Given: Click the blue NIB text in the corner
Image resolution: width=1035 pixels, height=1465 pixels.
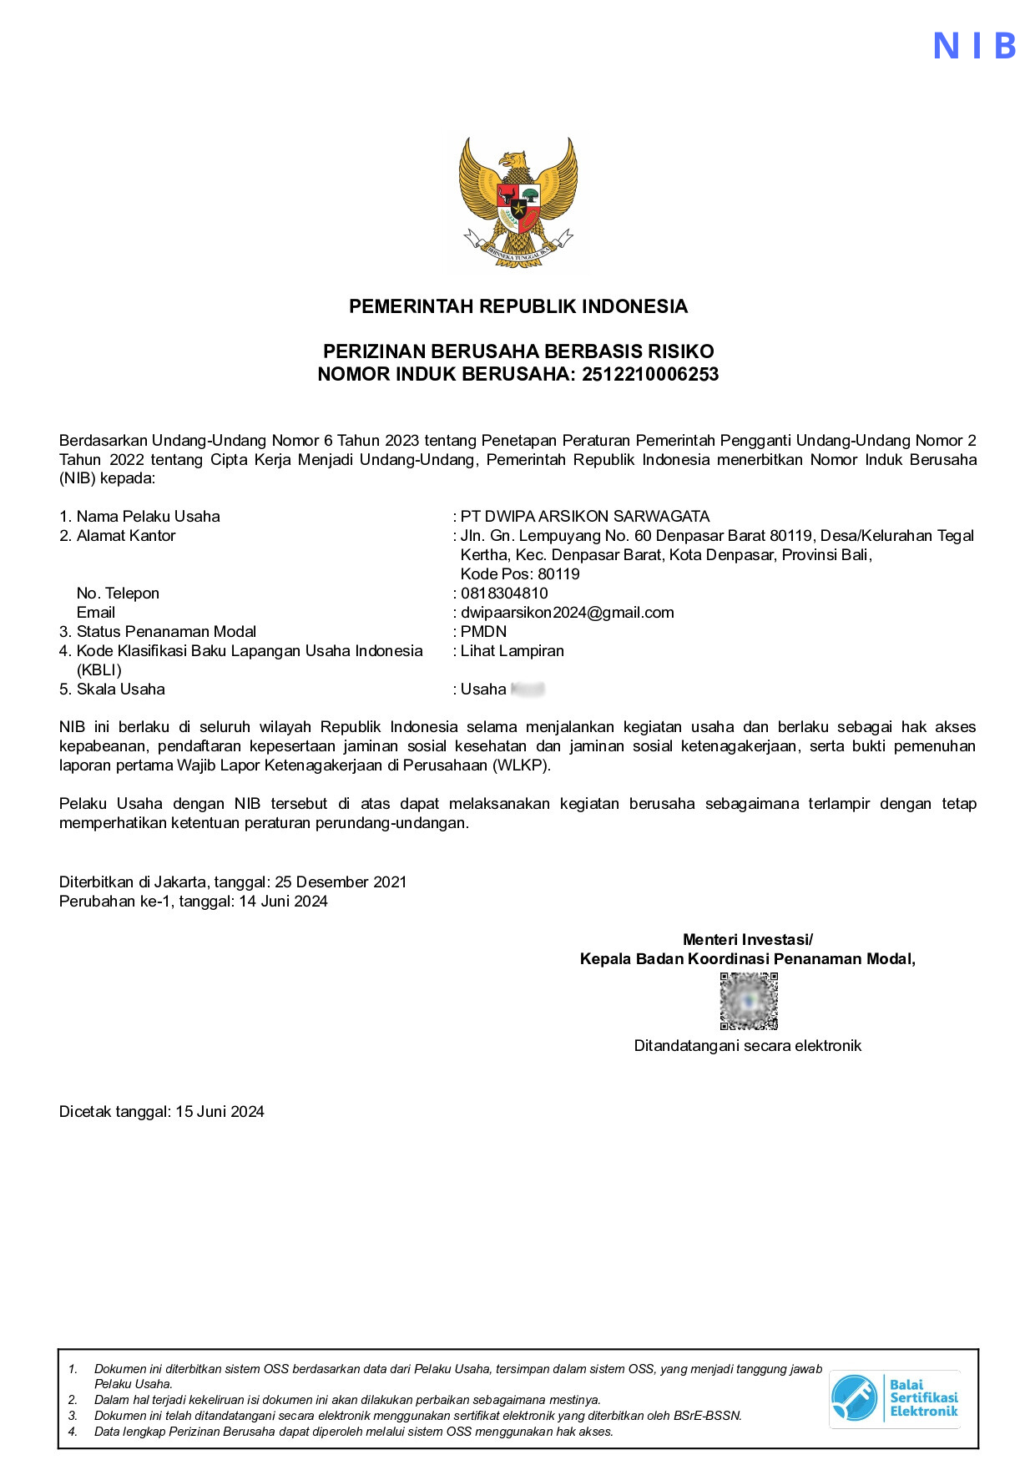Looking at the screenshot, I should point(974,46).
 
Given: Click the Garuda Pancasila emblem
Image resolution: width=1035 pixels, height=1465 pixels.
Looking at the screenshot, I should point(517,201).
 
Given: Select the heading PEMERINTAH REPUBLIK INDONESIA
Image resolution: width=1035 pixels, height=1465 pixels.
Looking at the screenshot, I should point(517,306).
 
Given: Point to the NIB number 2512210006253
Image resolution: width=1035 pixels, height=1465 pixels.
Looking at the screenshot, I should point(650,374).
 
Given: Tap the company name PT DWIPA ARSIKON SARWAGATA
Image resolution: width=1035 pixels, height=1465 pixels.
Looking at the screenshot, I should point(584,516).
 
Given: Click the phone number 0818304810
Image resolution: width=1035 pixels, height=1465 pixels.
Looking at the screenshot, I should point(504,593).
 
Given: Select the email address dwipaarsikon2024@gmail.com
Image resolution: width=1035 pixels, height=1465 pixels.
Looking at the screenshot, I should point(567,612).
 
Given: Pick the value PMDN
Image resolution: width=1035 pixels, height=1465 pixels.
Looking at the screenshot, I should point(483,631).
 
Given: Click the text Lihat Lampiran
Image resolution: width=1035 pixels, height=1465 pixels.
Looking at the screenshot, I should point(512,650).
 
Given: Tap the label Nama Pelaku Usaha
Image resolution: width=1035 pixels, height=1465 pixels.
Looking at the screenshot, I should point(148,516).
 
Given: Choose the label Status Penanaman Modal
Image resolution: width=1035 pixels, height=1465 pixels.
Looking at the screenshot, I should point(166,631).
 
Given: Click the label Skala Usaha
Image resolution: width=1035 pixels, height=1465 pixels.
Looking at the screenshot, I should point(120,689).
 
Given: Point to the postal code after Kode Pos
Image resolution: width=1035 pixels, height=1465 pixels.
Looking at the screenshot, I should point(558,573).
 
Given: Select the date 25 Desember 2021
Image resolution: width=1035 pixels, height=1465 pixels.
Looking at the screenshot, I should point(341,882).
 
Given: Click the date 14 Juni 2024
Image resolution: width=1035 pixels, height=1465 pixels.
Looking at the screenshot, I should point(283,901).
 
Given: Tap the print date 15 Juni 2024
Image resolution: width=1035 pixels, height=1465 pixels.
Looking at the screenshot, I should point(220,1111).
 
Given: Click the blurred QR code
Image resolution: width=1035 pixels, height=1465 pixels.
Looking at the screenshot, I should point(749,1001).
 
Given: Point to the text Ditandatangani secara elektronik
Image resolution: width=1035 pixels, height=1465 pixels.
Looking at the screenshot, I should point(747,1045).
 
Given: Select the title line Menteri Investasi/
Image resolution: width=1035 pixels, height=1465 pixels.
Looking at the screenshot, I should point(747,939).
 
